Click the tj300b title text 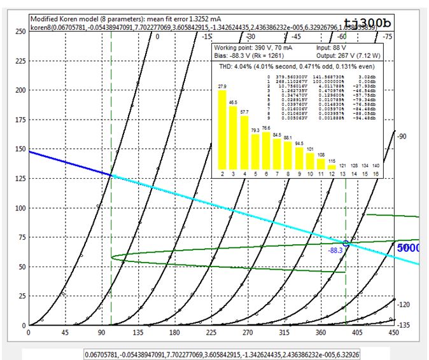click(386, 24)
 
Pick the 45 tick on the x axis click(57, 331)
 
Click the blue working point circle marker click(346, 243)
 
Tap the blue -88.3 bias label click(335, 251)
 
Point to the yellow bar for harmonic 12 click(332, 167)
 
